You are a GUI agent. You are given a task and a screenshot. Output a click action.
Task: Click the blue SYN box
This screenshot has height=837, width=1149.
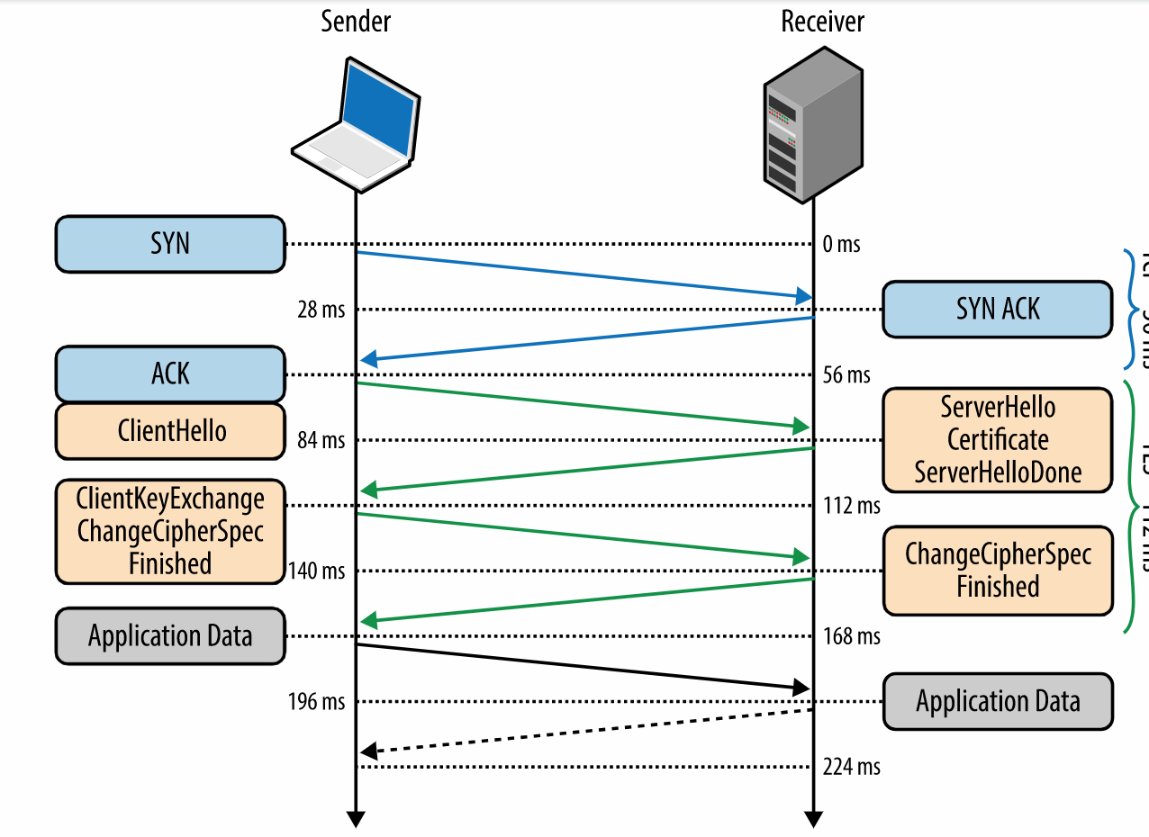pos(170,244)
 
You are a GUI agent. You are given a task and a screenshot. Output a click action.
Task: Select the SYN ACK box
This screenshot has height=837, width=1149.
pos(997,310)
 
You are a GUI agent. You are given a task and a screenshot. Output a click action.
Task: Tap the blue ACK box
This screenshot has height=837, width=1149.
pos(170,374)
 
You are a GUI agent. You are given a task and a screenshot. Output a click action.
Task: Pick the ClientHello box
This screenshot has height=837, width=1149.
pos(170,431)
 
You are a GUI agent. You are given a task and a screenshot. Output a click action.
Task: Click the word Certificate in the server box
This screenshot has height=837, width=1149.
pos(998,440)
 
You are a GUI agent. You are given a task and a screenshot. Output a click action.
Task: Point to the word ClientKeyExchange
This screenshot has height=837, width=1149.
pos(170,498)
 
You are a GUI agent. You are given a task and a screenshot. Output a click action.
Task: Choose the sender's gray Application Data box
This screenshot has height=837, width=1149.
pos(170,636)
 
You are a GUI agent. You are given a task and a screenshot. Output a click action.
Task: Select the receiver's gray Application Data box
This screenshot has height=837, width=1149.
pos(998,701)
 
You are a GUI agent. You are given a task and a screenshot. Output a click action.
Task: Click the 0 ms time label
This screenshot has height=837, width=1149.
pos(841,245)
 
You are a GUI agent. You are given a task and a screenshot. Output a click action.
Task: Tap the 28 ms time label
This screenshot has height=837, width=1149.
pos(321,310)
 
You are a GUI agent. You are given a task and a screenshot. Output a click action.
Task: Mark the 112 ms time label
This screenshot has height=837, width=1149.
pos(851,506)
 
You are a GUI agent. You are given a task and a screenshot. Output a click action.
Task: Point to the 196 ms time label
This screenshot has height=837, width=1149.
pos(316,702)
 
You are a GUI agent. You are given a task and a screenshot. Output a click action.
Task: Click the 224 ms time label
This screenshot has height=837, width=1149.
pos(851,767)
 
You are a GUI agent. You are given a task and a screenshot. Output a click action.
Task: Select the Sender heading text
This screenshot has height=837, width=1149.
pos(356,22)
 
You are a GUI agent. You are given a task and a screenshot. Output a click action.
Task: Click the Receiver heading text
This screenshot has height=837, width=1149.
pos(822,22)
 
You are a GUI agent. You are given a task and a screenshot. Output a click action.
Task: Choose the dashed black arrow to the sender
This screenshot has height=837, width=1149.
pos(585,731)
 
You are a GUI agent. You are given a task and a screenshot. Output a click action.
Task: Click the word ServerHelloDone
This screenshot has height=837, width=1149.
pos(998,472)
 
